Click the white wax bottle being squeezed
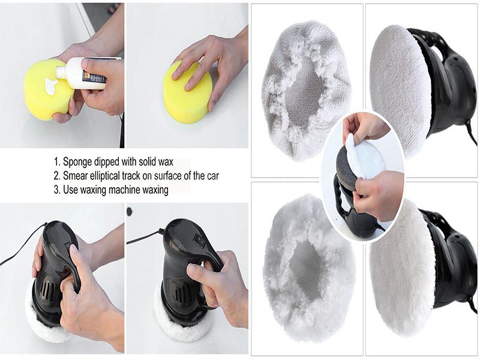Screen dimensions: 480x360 [x=86, y=73]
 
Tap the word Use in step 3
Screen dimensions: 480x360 [x=70, y=190]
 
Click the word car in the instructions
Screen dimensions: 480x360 [x=212, y=176]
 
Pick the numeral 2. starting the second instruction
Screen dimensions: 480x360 [x=56, y=176]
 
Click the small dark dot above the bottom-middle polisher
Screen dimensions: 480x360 [x=129, y=211]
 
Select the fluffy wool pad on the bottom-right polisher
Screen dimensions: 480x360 [x=401, y=267]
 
